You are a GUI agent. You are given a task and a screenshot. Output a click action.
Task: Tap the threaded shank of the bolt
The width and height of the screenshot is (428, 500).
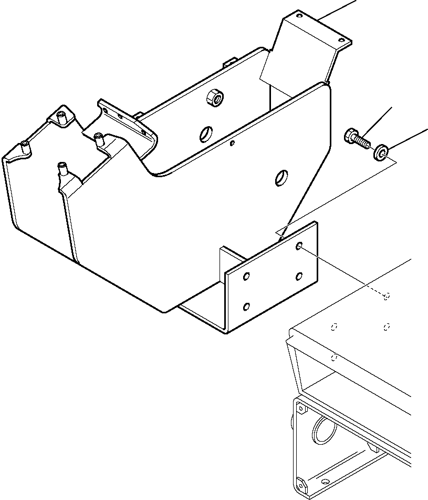(x=362, y=142)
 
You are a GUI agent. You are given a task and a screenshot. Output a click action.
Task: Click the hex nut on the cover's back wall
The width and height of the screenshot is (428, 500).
(x=214, y=97)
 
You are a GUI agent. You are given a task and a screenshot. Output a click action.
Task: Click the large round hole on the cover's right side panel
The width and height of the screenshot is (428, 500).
(x=282, y=178)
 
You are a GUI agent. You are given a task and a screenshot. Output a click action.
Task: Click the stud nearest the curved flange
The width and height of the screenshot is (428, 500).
(x=98, y=138)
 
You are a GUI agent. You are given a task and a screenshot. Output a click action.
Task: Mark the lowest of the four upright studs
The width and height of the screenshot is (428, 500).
(x=62, y=169)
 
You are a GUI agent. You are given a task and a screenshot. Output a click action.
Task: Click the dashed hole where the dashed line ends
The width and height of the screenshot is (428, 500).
(x=387, y=297)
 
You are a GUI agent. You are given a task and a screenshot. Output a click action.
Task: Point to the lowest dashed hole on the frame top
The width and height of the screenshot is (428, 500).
(x=334, y=358)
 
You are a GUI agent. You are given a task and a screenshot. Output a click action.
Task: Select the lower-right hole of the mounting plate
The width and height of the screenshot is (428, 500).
(x=299, y=275)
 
